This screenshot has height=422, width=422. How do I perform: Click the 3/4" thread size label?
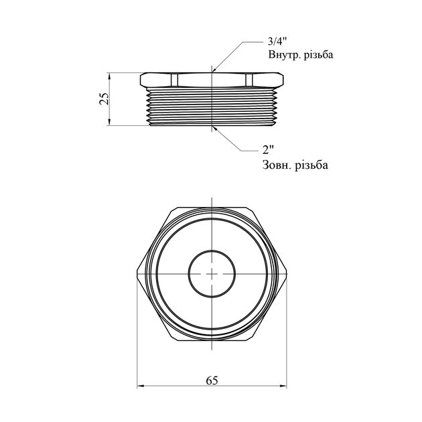point(277,42)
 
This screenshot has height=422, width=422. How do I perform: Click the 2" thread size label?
point(268,149)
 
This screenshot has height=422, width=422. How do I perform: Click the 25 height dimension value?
point(104,98)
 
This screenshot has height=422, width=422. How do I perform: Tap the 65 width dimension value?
point(212,380)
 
